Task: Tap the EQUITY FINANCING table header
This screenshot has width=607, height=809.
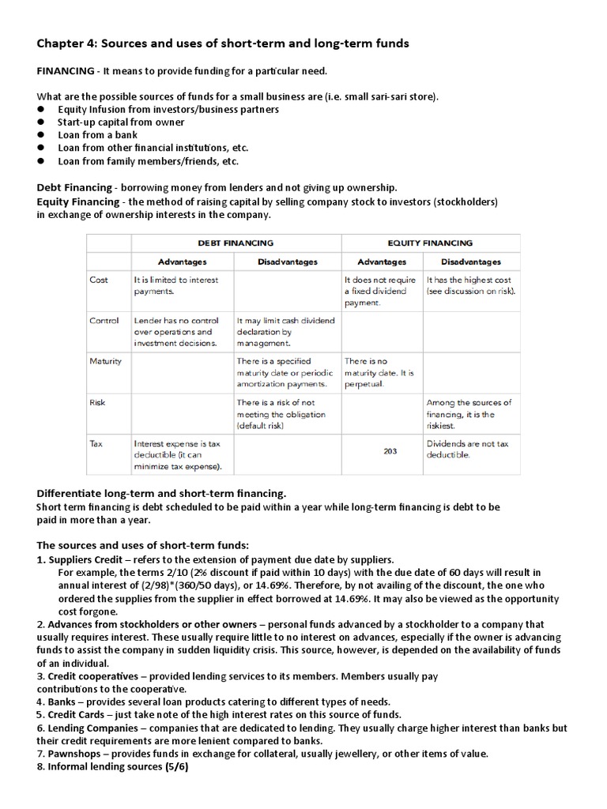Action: [x=431, y=243]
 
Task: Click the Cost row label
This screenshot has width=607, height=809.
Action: [x=100, y=280]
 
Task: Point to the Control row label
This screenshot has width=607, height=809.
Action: [x=104, y=321]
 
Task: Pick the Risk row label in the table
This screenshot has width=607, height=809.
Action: [x=98, y=402]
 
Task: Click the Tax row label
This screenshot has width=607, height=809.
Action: [x=96, y=443]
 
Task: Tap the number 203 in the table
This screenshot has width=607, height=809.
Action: [x=390, y=451]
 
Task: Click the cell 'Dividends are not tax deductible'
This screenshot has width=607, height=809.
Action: [x=467, y=450]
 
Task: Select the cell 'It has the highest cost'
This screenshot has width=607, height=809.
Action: [x=469, y=285]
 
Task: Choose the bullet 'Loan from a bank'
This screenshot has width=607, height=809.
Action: [x=97, y=135]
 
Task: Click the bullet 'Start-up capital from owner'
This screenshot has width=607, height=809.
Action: [x=121, y=122]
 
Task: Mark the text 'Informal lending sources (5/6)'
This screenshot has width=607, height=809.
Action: [x=114, y=766]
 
